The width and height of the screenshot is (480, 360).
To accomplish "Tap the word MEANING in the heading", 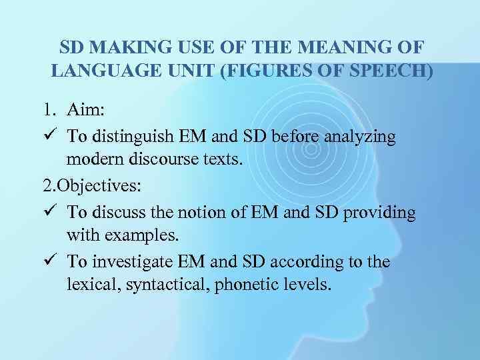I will coord(338,48).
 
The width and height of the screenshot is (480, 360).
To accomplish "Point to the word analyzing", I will coord(358,136).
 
